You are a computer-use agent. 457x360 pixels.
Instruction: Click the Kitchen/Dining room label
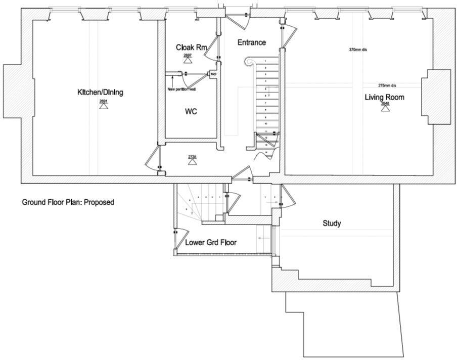coord(100,93)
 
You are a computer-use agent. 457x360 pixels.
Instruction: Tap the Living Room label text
coord(385,97)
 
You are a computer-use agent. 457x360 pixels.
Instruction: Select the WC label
coord(191,112)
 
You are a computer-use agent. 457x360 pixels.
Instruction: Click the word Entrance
coord(251,42)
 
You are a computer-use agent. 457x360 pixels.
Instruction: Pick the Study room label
coord(332,223)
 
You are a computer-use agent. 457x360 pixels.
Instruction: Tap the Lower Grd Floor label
coord(211,243)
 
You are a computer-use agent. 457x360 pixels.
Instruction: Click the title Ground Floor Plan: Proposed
coord(68,202)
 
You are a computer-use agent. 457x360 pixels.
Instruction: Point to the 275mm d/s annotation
coord(387,85)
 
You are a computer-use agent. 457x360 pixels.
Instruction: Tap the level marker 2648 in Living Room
coord(385,106)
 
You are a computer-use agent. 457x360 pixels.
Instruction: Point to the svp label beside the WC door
coord(213,74)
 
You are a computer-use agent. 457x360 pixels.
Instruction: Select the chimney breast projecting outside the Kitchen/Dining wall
coord(11,92)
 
